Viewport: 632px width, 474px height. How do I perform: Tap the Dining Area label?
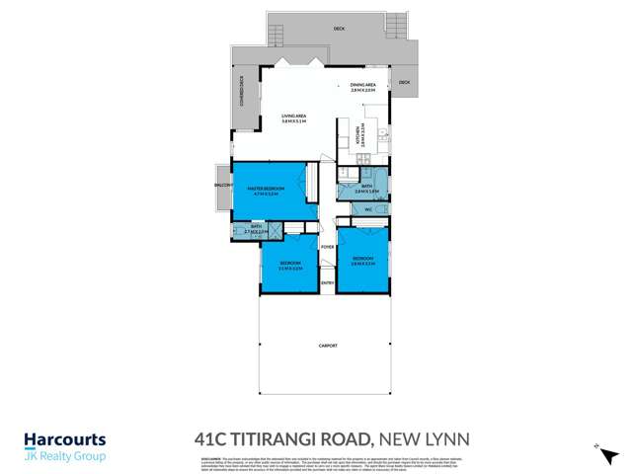tap(363, 86)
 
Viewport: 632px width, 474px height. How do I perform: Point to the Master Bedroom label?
tap(267, 189)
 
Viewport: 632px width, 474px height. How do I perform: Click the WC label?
tap(367, 210)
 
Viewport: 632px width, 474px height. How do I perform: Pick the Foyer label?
tap(328, 247)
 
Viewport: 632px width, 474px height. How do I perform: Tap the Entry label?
tap(328, 285)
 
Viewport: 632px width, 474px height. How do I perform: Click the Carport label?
tap(328, 346)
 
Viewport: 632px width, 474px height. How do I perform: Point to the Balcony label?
tap(221, 186)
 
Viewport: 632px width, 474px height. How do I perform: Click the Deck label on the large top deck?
tap(339, 31)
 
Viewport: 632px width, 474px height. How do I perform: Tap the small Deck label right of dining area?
tap(404, 82)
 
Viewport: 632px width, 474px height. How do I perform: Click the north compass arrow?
tap(597, 447)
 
